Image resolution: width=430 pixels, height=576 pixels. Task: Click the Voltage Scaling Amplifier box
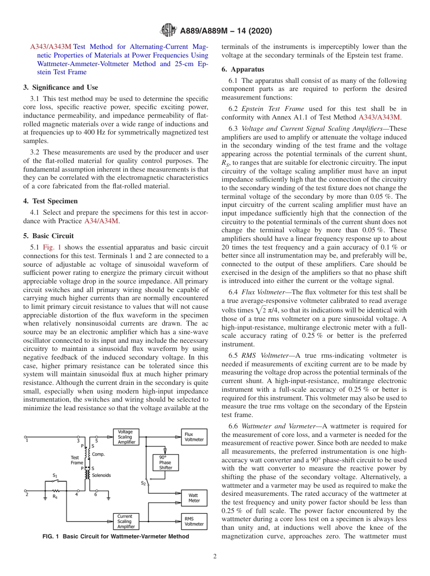(x=126, y=437)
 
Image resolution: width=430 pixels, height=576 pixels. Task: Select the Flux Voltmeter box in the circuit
(x=194, y=437)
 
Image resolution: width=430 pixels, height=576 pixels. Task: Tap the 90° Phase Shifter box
(x=166, y=462)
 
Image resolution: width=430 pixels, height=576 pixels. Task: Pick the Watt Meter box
(x=194, y=498)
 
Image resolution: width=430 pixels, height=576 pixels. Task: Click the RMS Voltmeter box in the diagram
(x=194, y=522)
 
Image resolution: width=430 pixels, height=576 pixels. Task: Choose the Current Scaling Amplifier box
(x=126, y=522)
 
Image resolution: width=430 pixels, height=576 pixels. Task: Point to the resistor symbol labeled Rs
(x=55, y=490)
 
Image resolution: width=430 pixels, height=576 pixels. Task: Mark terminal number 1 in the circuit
(x=27, y=441)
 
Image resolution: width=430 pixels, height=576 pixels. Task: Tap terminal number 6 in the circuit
(x=96, y=494)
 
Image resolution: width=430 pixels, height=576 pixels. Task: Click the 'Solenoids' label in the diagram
(x=101, y=475)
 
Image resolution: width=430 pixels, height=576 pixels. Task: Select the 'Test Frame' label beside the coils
(x=77, y=460)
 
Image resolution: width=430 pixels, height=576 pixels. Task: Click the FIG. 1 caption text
(x=115, y=537)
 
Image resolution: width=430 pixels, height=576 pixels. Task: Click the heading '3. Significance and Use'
(x=60, y=87)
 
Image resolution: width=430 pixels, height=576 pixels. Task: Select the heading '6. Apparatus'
(x=243, y=69)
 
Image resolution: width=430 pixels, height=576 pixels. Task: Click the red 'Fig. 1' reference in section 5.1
(x=52, y=247)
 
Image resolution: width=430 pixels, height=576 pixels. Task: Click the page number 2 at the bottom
(x=215, y=557)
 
